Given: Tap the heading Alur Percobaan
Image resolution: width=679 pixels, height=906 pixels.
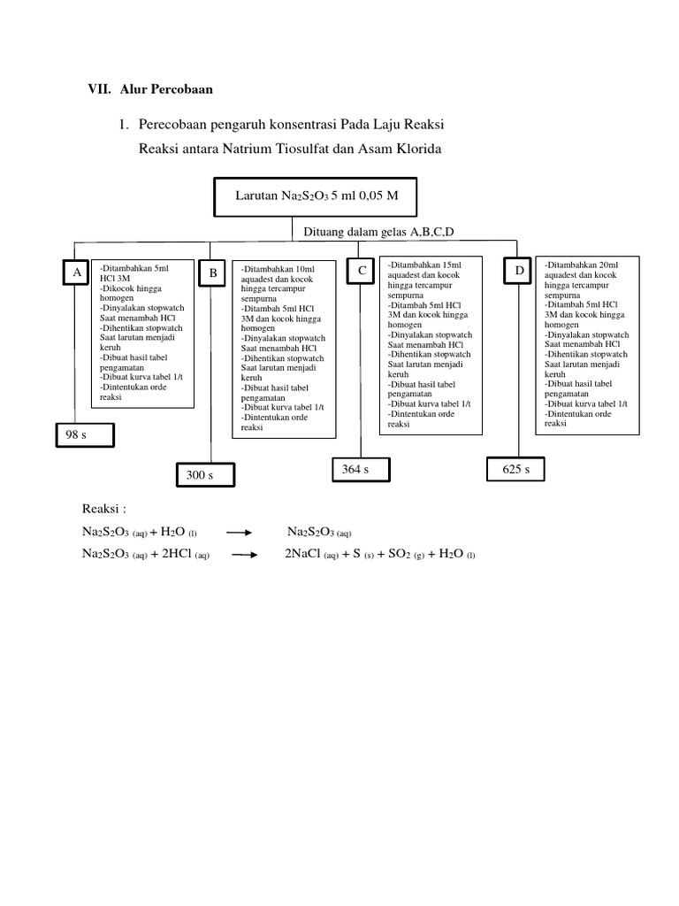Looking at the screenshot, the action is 166,89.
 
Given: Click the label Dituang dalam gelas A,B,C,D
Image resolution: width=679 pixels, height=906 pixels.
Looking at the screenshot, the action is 378,233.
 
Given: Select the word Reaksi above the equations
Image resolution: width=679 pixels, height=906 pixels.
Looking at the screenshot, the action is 101,509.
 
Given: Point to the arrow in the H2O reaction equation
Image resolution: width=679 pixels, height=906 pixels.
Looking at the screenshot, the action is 239,533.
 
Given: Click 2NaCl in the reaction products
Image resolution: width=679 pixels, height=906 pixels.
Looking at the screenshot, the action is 302,554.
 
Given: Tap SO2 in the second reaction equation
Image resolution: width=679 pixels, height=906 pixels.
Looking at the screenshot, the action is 400,554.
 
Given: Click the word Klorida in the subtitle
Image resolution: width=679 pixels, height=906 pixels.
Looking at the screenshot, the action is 418,149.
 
